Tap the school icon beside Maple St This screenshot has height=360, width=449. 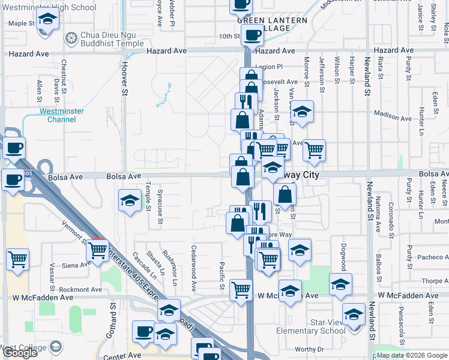46,22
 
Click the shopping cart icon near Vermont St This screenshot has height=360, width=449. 97,250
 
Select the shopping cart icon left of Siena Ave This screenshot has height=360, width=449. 18,259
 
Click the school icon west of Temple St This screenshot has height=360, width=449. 130,201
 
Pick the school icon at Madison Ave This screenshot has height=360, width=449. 303,111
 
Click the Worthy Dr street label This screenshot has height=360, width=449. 309,349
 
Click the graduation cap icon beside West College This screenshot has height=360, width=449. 56,347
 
